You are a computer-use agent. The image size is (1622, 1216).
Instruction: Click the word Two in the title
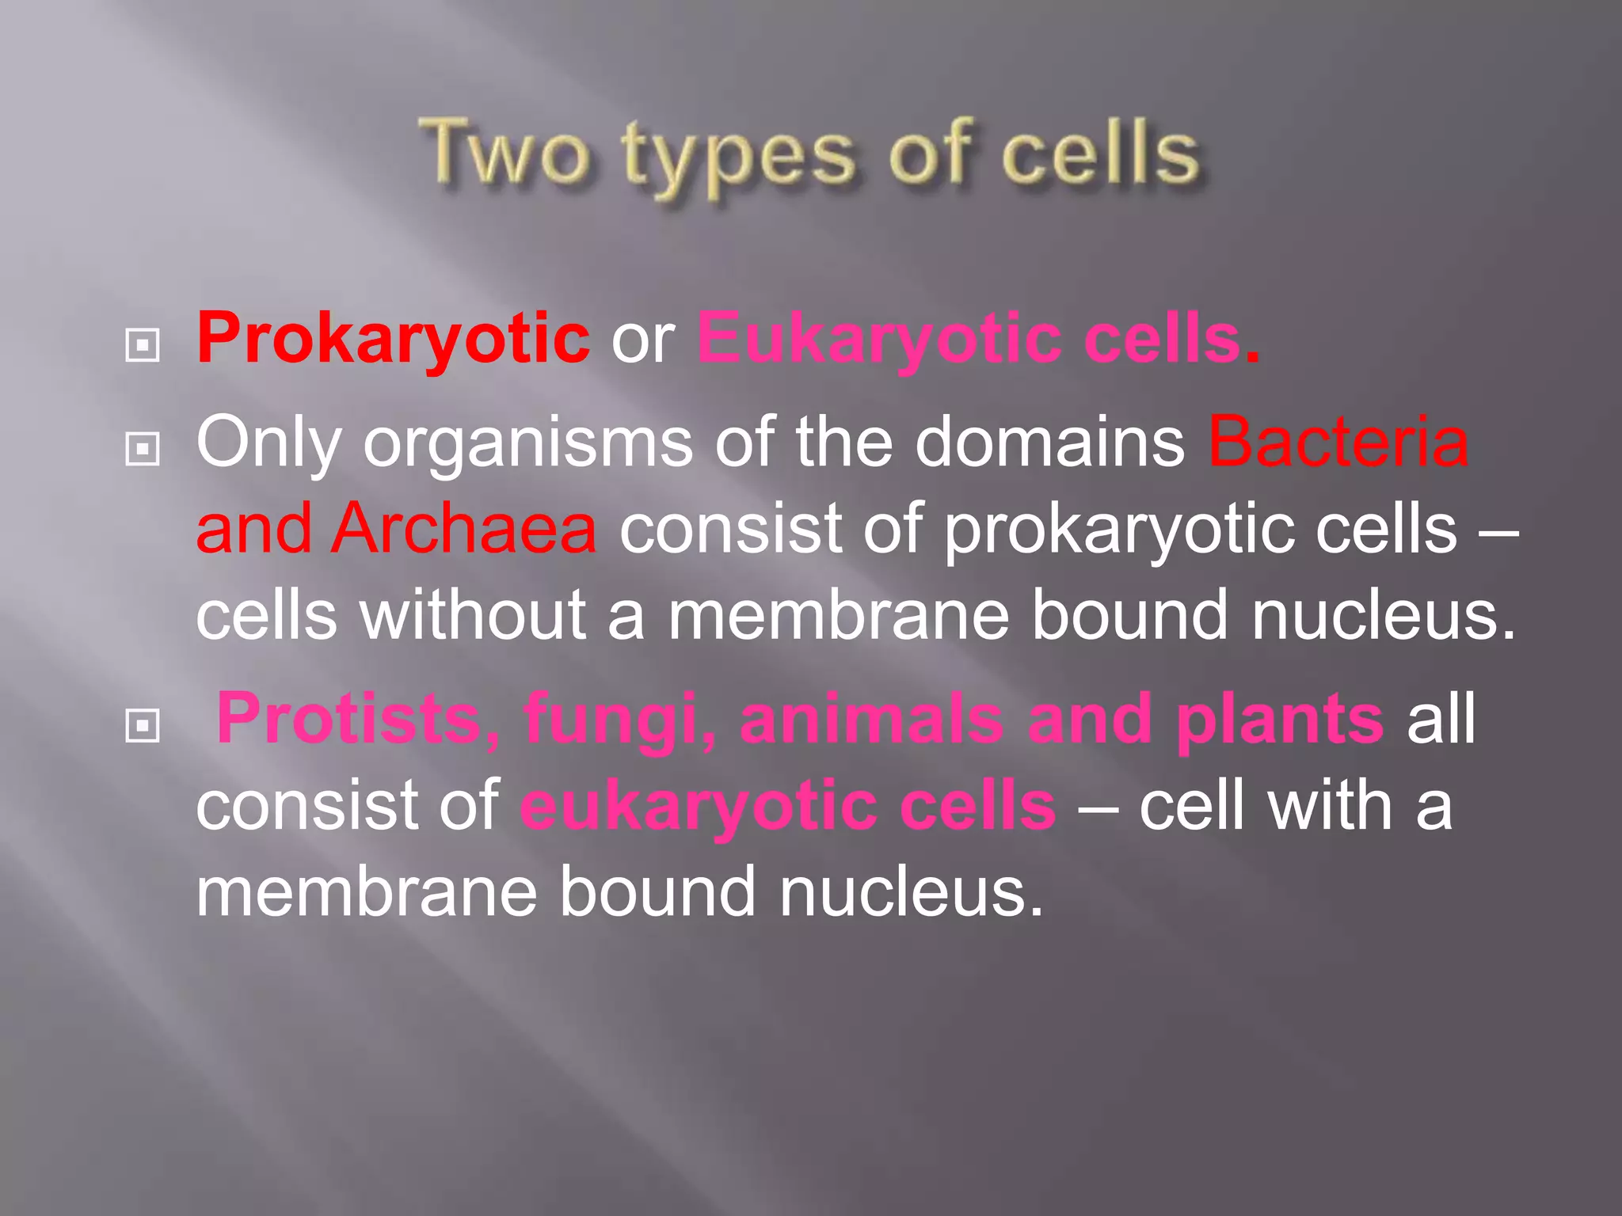pyautogui.click(x=504, y=153)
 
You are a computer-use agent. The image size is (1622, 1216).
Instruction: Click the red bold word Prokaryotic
pyautogui.click(x=393, y=339)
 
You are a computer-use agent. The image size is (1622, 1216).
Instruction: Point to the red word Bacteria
pyautogui.click(x=1338, y=442)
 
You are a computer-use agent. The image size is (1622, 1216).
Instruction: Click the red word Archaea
pyautogui.click(x=464, y=528)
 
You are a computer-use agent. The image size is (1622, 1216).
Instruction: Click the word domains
pyautogui.click(x=1050, y=442)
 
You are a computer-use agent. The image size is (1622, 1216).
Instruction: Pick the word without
pyautogui.click(x=473, y=614)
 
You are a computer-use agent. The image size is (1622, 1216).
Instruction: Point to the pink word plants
pyautogui.click(x=1280, y=720)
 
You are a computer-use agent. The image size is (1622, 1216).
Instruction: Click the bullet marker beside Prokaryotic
pyautogui.click(x=143, y=345)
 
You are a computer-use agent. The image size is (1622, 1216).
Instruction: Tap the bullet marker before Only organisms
pyautogui.click(x=143, y=449)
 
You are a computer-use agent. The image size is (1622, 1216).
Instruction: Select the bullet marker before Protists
pyautogui.click(x=143, y=725)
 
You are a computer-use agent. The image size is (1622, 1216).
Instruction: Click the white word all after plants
pyautogui.click(x=1441, y=719)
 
